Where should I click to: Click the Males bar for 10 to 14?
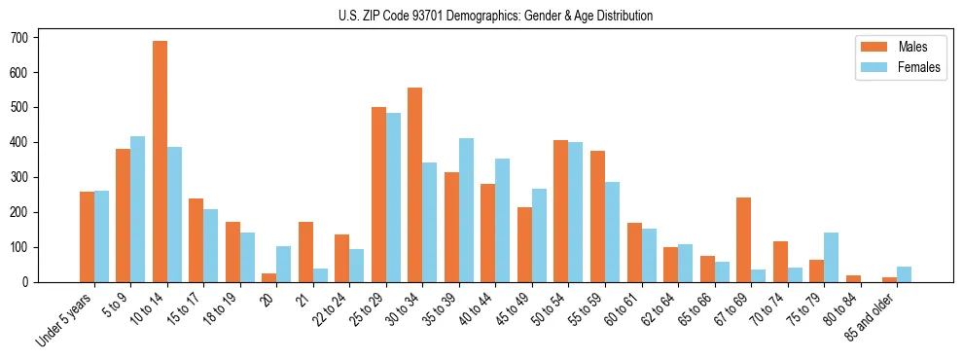[160, 162]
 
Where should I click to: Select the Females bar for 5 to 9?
[138, 209]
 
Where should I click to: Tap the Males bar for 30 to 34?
[415, 185]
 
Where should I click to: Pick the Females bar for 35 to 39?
[466, 210]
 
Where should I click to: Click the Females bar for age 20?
[284, 264]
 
